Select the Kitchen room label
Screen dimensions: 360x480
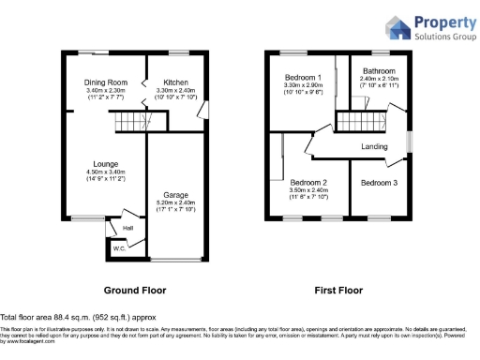175,82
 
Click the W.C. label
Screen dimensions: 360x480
119,248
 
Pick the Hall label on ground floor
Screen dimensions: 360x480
127,227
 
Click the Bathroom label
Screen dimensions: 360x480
379,71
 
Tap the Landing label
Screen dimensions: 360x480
375,147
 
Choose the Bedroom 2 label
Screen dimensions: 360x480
307,182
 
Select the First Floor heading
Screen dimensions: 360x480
337,291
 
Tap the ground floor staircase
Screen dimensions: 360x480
132,122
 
